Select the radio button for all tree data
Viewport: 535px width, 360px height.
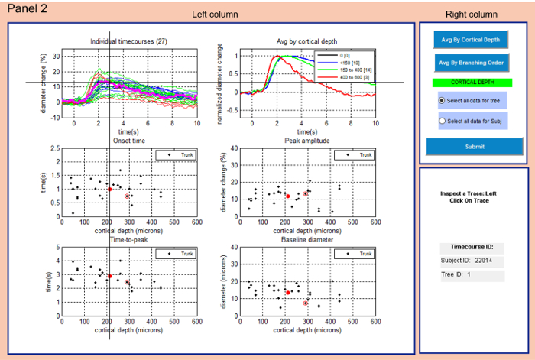coord(442,101)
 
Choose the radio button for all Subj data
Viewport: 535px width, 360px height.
coord(442,121)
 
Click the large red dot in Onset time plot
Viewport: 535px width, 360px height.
coord(109,189)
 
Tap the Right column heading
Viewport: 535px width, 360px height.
coord(472,15)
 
